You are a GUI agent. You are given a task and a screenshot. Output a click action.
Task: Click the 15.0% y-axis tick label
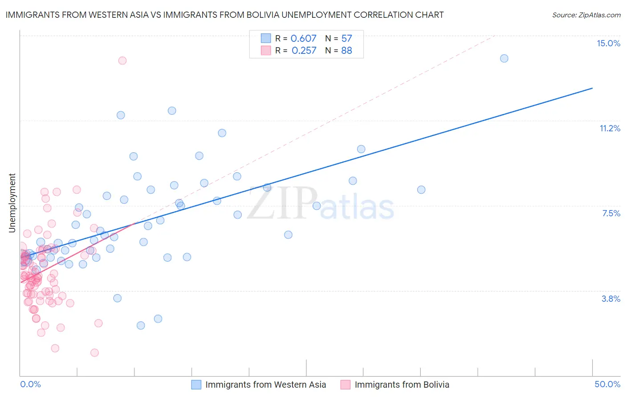tap(608, 43)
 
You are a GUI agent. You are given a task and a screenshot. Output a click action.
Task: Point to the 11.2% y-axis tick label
tap(610, 128)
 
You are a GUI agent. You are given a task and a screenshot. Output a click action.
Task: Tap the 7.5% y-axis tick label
tap(611, 213)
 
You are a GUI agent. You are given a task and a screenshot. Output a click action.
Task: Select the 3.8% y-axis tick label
tap(611, 299)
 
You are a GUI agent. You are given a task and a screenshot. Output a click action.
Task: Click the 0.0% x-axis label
tap(30, 384)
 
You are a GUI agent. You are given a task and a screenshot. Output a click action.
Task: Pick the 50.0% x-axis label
tap(607, 384)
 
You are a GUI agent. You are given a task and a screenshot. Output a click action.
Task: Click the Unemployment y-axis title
tap(12, 203)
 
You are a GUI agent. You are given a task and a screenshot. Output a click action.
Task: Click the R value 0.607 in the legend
tap(303, 38)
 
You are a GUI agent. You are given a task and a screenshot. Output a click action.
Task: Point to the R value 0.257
tap(304, 50)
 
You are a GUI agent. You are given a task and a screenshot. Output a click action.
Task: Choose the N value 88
tap(346, 50)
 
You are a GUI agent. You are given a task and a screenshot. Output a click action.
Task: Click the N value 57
tap(346, 38)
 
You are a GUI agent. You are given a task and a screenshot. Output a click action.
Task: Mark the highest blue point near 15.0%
tap(504, 58)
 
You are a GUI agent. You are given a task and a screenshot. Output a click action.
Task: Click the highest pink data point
tap(122, 61)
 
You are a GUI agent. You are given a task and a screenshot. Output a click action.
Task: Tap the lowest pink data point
tap(94, 352)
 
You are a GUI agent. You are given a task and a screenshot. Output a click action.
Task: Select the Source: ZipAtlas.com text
tap(586, 15)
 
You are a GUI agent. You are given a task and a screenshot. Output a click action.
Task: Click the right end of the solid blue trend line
tap(592, 88)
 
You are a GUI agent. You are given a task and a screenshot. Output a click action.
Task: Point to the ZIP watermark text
tap(282, 203)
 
